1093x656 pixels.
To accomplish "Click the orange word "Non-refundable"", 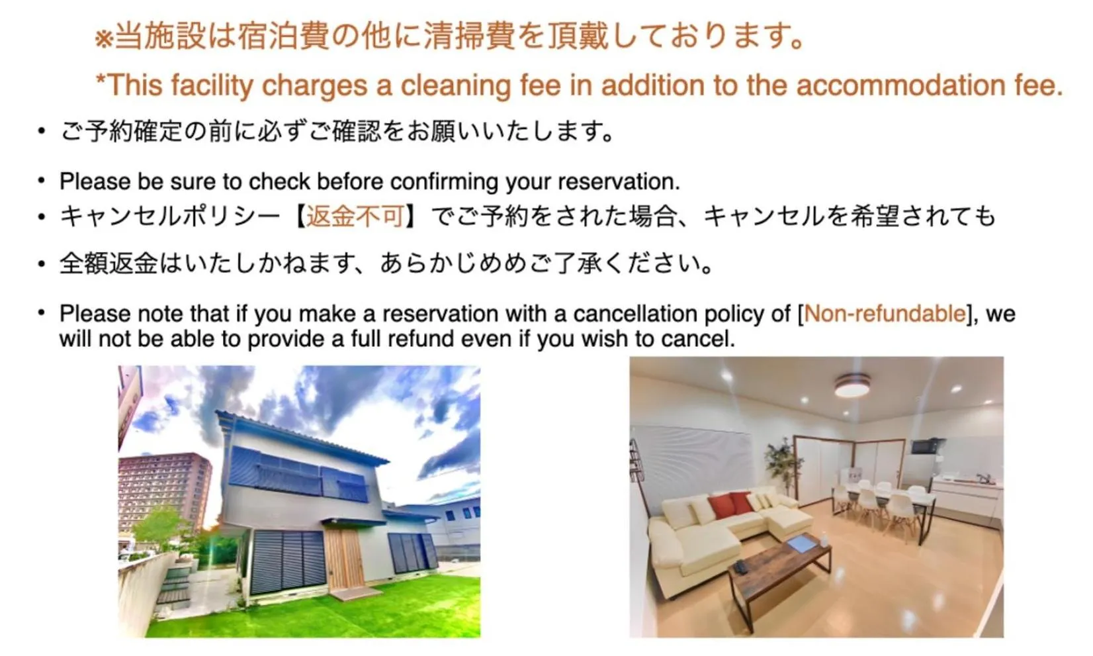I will [x=885, y=313].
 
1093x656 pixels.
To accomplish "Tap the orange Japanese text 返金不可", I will [x=355, y=216].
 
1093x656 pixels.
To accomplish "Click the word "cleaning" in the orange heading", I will [x=450, y=85].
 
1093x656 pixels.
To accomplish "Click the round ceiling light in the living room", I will [x=852, y=385].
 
